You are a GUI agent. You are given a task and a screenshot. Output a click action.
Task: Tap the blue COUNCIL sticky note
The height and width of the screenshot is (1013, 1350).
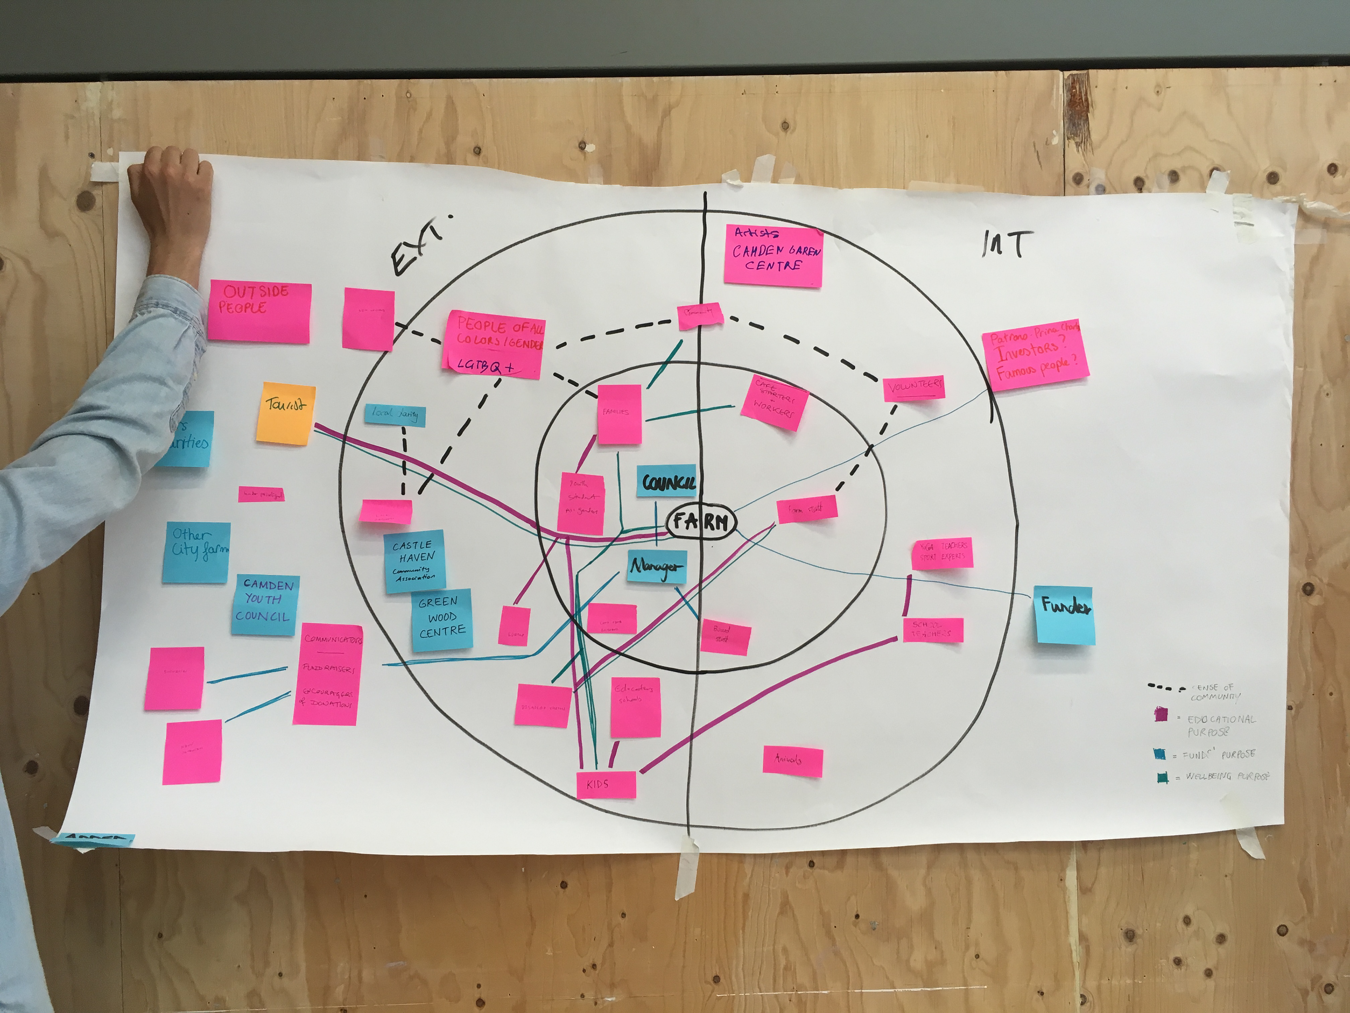pos(667,482)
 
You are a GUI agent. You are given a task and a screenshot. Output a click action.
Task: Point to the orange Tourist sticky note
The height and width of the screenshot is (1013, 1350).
pos(285,413)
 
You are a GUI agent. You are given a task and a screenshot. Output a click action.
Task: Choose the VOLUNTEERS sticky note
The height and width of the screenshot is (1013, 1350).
pos(914,388)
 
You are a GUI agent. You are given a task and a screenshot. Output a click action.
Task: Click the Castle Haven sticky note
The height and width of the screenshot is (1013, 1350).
pos(415,561)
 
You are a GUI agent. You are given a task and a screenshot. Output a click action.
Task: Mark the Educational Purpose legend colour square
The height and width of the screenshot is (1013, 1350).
pos(1160,714)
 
